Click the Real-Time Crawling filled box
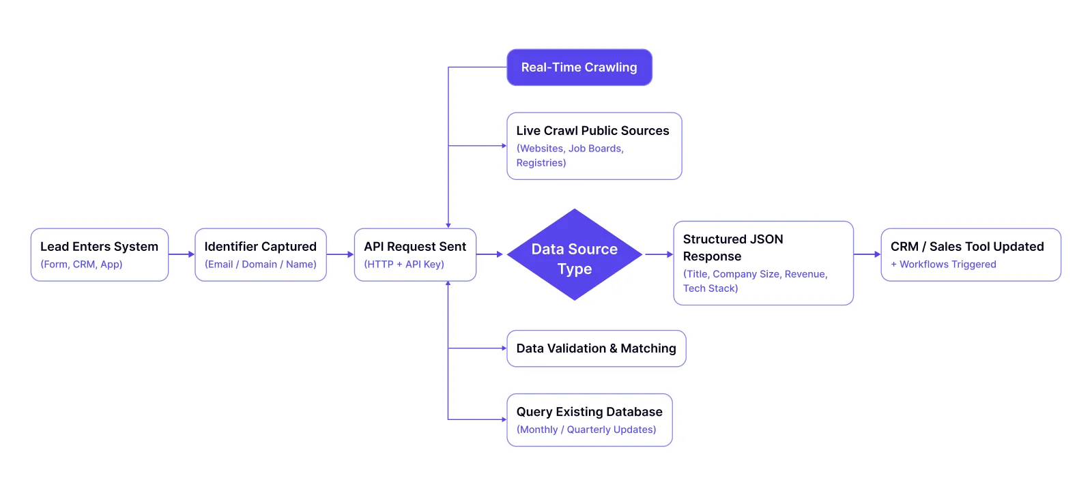pyautogui.click(x=579, y=67)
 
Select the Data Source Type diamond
pyautogui.click(x=574, y=255)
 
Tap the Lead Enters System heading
pyautogui.click(x=99, y=246)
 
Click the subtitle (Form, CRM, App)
pyautogui.click(x=81, y=265)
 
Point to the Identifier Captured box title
pyautogui.click(x=260, y=246)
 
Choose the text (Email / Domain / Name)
pyautogui.click(x=260, y=265)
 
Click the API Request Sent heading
pyautogui.click(x=414, y=246)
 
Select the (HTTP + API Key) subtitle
pyautogui.click(x=403, y=265)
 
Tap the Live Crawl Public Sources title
pyautogui.click(x=592, y=130)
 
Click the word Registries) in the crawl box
pyautogui.click(x=541, y=163)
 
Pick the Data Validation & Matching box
pyautogui.click(x=596, y=348)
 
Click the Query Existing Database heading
pyautogui.click(x=589, y=412)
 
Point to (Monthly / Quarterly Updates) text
pyautogui.click(x=586, y=430)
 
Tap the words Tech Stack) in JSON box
pyautogui.click(x=710, y=288)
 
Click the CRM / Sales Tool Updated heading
pyautogui.click(x=966, y=246)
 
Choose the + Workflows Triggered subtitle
pyautogui.click(x=943, y=265)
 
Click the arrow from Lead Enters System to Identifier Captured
pyautogui.click(x=182, y=254)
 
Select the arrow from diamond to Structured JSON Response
pyautogui.click(x=659, y=254)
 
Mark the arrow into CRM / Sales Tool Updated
pyautogui.click(x=867, y=254)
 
